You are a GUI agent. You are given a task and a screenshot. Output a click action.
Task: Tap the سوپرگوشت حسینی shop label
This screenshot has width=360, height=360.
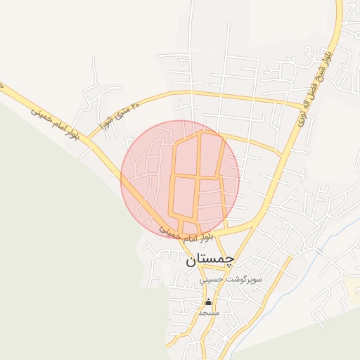220,279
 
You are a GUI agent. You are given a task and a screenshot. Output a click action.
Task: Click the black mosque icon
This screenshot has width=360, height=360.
207,302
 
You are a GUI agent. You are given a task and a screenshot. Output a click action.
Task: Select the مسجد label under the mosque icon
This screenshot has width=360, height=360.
209,311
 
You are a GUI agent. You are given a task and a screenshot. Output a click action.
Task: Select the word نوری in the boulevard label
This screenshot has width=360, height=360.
302,121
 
